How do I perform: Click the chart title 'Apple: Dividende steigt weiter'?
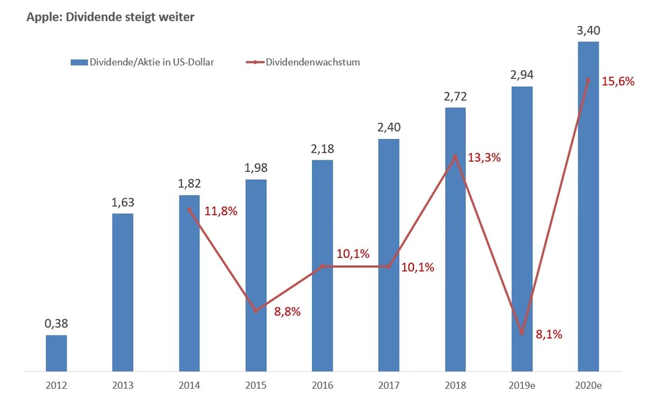pos(110,17)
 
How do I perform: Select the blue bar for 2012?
pos(56,353)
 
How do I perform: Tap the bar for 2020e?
pos(588,207)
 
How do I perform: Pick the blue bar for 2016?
pos(322,265)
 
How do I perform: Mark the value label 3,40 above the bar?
pos(588,30)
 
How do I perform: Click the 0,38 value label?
pos(56,323)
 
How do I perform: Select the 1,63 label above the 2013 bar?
pos(123,202)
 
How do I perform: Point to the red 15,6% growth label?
pos(618,81)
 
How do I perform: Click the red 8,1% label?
pos(549,334)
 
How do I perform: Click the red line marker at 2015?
pos(256,311)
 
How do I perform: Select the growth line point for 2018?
pos(455,156)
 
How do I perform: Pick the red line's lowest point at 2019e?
pos(522,334)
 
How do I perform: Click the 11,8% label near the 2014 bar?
pos(221,211)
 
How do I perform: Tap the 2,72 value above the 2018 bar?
pos(455,96)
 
